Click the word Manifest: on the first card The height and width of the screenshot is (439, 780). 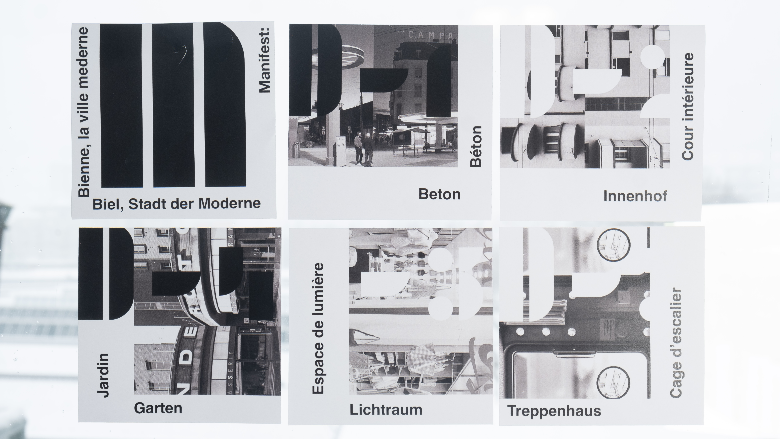(x=264, y=60)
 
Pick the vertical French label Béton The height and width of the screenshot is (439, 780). (x=476, y=146)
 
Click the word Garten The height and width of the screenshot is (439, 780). (x=158, y=408)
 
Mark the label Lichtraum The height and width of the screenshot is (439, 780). (x=386, y=410)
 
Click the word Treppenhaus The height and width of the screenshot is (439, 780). (x=554, y=411)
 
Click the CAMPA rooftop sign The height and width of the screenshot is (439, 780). (x=431, y=35)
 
